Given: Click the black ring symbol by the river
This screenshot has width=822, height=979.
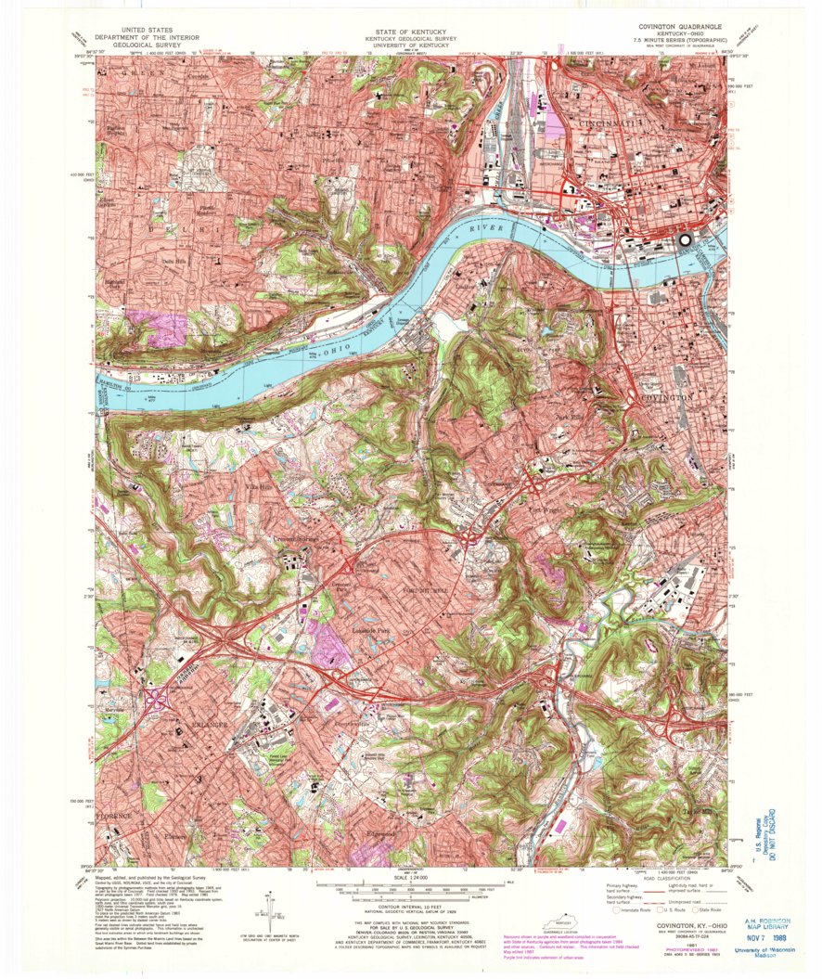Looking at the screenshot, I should tap(686, 239).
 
